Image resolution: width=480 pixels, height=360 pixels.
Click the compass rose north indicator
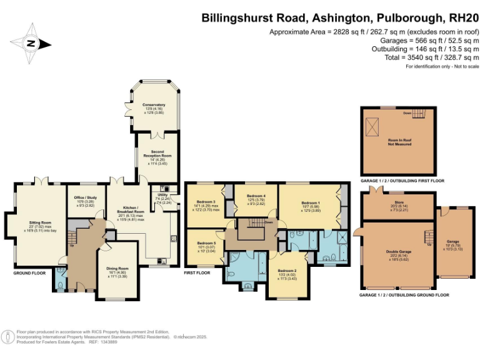(x=30, y=43)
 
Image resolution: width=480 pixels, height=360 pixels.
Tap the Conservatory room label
(x=153, y=105)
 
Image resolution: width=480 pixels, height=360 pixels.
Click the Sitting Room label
(x=42, y=222)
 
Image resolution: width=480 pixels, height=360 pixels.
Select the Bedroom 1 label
(x=311, y=202)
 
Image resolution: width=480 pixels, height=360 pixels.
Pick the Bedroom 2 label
(x=287, y=271)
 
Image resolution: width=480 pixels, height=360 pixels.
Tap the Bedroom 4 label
(x=256, y=196)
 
